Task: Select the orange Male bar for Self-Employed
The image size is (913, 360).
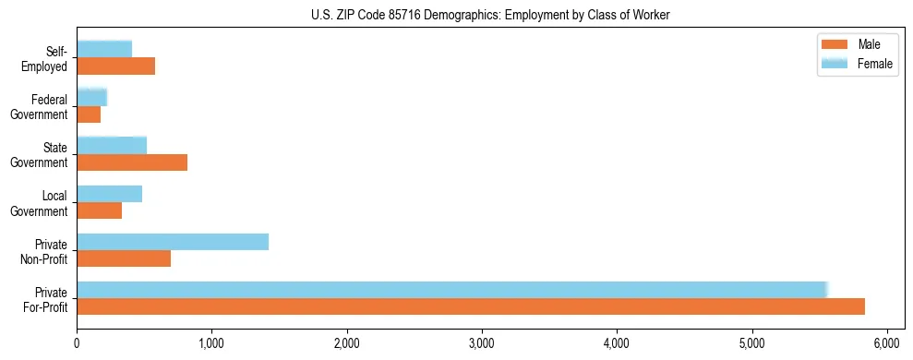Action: click(x=115, y=66)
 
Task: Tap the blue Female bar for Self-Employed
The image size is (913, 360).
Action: click(x=104, y=49)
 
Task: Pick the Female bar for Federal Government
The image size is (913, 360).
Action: click(x=92, y=97)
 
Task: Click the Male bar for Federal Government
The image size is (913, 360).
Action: click(x=89, y=114)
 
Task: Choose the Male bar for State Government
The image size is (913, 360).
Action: click(x=132, y=162)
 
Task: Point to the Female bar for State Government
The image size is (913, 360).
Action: click(x=112, y=145)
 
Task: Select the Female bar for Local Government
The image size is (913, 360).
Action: click(x=109, y=193)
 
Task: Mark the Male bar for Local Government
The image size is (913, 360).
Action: click(x=99, y=210)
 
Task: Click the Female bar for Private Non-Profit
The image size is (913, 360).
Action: click(x=173, y=242)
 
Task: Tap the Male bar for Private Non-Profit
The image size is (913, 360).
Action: click(x=124, y=258)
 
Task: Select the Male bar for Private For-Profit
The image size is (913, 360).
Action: click(x=471, y=306)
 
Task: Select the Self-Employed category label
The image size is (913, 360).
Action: click(x=50, y=58)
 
